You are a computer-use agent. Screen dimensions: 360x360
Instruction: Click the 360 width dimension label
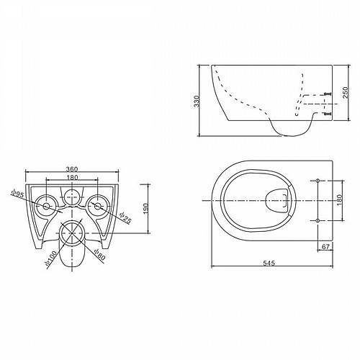pyautogui.click(x=72, y=169)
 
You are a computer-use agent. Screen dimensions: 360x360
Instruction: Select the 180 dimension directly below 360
pyautogui.click(x=72, y=178)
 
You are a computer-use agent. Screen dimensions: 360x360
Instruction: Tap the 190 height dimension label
pyautogui.click(x=145, y=209)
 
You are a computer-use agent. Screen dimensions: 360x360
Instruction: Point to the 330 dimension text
pyautogui.click(x=197, y=101)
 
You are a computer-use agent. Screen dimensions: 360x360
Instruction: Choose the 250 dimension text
pyautogui.click(x=346, y=92)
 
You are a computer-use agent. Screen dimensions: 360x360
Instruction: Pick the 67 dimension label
pyautogui.click(x=325, y=246)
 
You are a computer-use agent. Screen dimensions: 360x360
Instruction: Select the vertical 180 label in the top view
pyautogui.click(x=339, y=200)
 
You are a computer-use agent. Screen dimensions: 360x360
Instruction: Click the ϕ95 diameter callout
pyautogui.click(x=18, y=194)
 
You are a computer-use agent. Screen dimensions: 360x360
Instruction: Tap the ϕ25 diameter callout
pyautogui.click(x=126, y=218)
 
